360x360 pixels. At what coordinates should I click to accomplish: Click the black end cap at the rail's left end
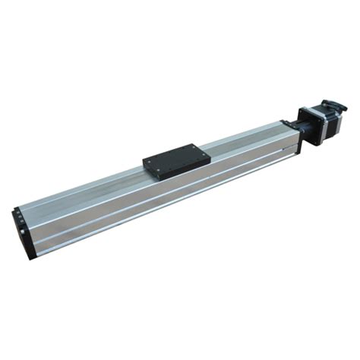click(x=24, y=232)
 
